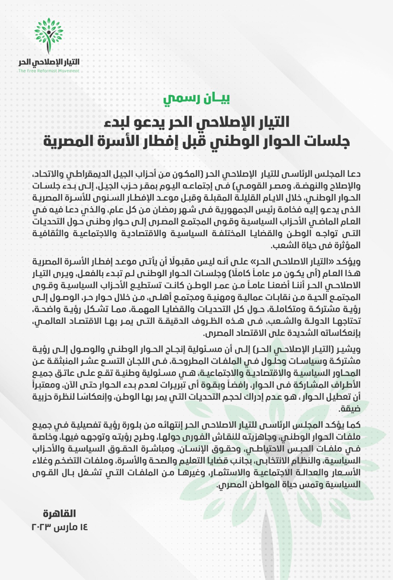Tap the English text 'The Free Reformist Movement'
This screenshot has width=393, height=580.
[x=49, y=71]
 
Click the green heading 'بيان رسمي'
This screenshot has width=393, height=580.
[x=196, y=98]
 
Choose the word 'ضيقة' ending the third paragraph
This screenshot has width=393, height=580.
[x=349, y=409]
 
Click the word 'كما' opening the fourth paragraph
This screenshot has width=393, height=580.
[x=354, y=425]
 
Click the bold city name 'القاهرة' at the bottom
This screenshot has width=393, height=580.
[x=59, y=514]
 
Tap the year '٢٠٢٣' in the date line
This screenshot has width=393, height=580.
[x=41, y=527]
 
